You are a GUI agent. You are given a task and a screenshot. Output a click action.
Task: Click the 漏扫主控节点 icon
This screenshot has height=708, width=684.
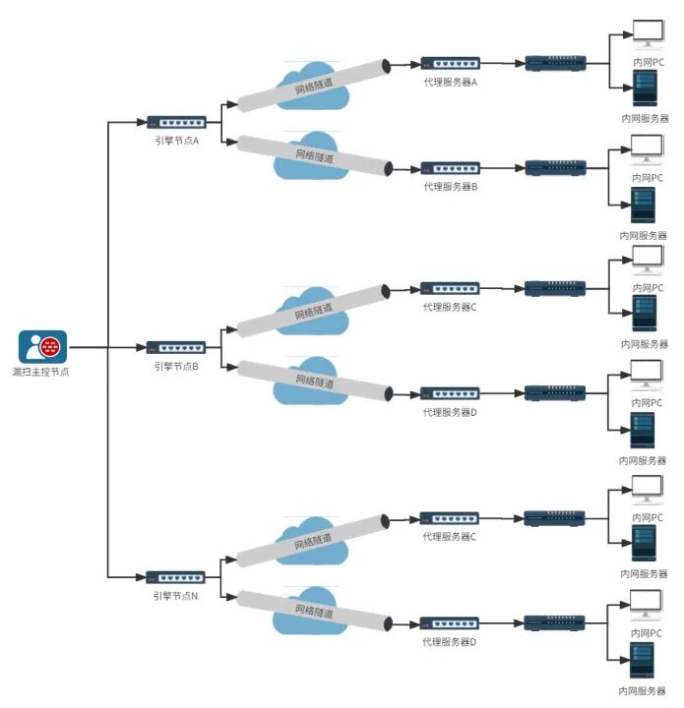pyautogui.click(x=43, y=347)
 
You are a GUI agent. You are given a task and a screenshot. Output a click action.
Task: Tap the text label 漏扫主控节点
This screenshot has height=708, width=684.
pyautogui.click(x=40, y=372)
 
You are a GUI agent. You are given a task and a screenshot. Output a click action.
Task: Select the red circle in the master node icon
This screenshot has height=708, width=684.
pyautogui.click(x=50, y=347)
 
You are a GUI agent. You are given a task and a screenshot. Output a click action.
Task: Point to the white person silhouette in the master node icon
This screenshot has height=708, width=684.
pyautogui.click(x=33, y=348)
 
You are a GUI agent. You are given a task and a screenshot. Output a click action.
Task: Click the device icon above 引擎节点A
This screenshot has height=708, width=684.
pyautogui.click(x=176, y=122)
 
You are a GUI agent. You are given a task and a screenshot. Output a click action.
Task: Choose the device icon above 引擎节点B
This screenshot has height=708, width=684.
pyautogui.click(x=176, y=348)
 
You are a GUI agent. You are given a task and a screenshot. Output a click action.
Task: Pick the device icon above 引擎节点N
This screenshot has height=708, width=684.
pyautogui.click(x=175, y=577)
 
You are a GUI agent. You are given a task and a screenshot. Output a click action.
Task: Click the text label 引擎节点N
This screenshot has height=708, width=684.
pyautogui.click(x=175, y=597)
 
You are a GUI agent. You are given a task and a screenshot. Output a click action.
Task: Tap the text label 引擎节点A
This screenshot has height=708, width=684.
pyautogui.click(x=176, y=141)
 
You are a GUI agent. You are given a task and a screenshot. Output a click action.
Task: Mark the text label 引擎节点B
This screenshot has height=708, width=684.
pyautogui.click(x=176, y=366)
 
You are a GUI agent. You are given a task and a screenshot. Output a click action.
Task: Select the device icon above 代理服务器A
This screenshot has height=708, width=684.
pyautogui.click(x=451, y=63)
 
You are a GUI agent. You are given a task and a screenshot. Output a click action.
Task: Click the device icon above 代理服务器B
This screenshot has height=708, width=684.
pyautogui.click(x=451, y=168)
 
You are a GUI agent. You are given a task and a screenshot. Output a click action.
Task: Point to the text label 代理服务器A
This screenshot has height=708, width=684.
pyautogui.click(x=451, y=83)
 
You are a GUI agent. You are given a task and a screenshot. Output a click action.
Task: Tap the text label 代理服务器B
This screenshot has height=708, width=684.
pyautogui.click(x=451, y=187)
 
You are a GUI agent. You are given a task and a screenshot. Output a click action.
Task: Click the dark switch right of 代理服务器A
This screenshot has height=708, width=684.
pyautogui.click(x=556, y=63)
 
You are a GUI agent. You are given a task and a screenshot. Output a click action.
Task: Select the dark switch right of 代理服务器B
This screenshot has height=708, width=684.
pyautogui.click(x=556, y=168)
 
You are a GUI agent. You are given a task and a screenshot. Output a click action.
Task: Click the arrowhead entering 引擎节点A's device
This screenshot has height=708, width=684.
pyautogui.click(x=142, y=122)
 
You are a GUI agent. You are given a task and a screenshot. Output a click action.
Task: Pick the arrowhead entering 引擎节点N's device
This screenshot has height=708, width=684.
pyautogui.click(x=141, y=577)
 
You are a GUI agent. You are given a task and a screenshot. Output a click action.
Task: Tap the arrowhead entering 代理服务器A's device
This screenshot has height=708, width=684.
pyautogui.click(x=415, y=64)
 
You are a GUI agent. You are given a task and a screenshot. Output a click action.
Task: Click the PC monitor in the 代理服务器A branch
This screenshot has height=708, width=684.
pyautogui.click(x=649, y=34)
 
